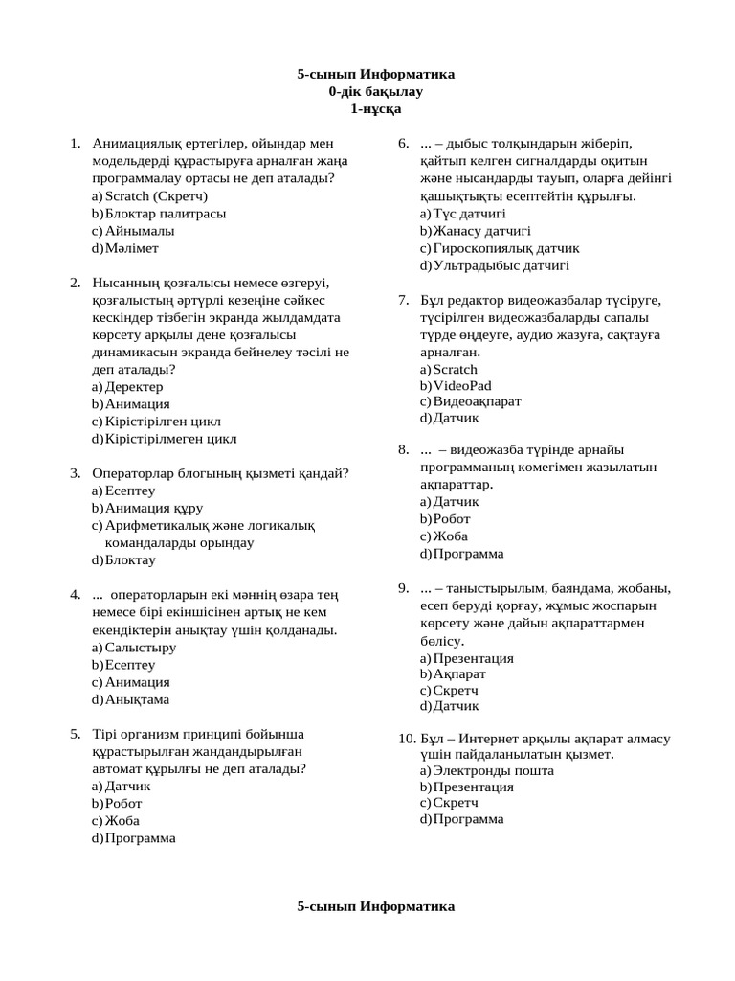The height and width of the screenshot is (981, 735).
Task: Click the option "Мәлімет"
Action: (132, 247)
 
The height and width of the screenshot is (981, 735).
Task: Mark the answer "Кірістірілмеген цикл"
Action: (170, 438)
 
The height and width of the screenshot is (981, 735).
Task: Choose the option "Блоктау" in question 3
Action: (130, 559)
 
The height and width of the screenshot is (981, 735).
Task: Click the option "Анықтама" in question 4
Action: (138, 699)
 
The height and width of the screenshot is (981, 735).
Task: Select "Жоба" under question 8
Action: (450, 536)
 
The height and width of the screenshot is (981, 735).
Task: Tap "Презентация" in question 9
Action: (473, 658)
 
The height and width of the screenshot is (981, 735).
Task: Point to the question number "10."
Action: (406, 738)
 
